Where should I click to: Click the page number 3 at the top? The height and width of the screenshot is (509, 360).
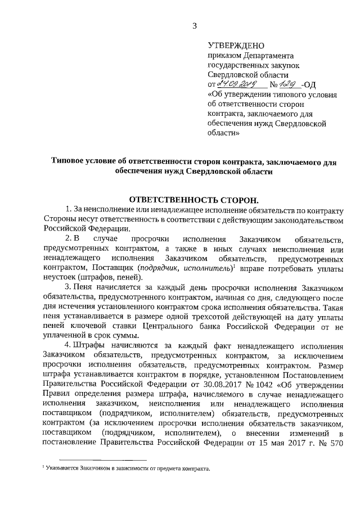[x=195, y=25]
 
